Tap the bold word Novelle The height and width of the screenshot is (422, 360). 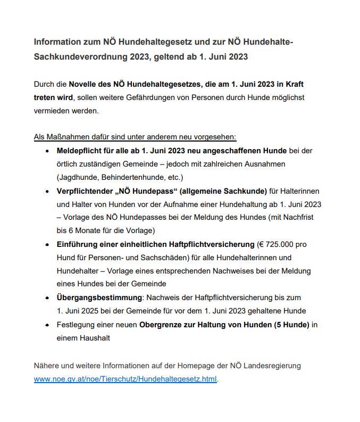pyautogui.click(x=85, y=85)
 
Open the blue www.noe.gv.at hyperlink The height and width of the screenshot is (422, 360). pyautogui.click(x=125, y=379)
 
